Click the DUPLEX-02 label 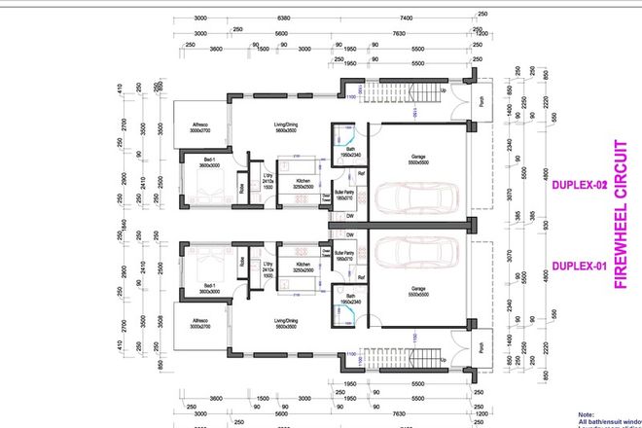(579, 184)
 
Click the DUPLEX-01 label (579, 266)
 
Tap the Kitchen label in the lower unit (303, 264)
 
